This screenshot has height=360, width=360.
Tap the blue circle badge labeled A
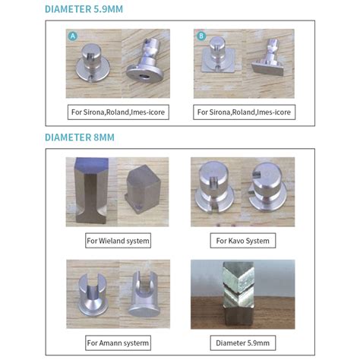click(x=73, y=36)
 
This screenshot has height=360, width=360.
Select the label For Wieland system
click(x=117, y=241)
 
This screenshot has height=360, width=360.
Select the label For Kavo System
click(x=242, y=241)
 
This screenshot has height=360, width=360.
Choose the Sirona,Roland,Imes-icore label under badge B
click(x=245, y=112)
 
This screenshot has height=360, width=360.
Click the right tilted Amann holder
click(x=144, y=292)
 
